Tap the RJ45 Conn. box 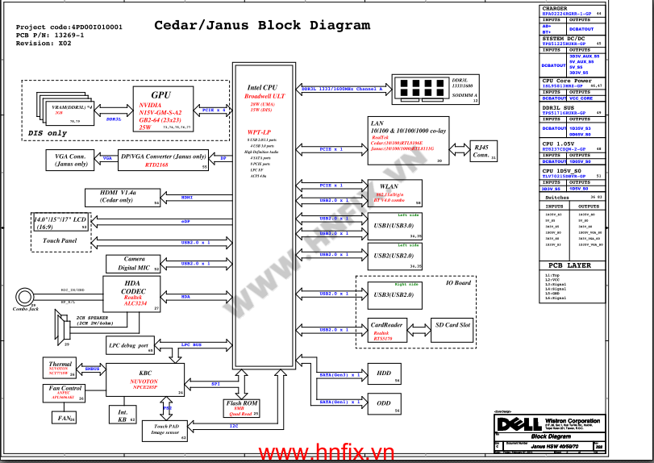[x=481, y=151]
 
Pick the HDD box [x=383, y=374]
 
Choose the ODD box [x=383, y=402]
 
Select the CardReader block [x=386, y=330]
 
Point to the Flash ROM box [x=243, y=407]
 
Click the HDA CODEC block [x=132, y=294]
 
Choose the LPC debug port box [x=130, y=345]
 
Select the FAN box [x=63, y=417]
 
